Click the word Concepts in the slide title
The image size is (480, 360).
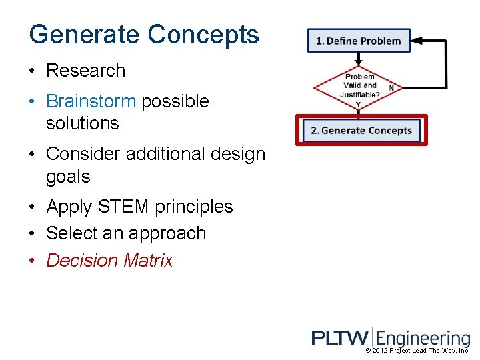click(203, 35)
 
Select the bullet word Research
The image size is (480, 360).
click(85, 71)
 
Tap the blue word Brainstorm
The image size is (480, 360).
click(91, 101)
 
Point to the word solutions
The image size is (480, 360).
click(82, 123)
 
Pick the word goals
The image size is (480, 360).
click(68, 177)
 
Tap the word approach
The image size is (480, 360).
click(170, 234)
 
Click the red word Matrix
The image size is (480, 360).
click(147, 261)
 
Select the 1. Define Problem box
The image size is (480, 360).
click(359, 41)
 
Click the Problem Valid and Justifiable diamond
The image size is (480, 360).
click(359, 85)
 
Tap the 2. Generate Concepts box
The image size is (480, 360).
click(361, 130)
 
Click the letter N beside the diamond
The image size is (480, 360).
click(391, 88)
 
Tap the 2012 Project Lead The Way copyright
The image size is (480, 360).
click(418, 351)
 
